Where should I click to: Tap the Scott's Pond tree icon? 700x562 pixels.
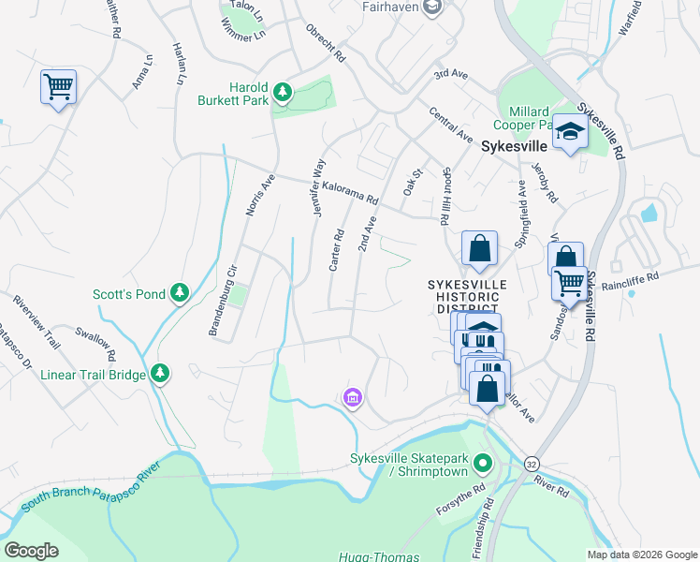180,294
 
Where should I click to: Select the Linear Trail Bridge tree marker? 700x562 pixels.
160,375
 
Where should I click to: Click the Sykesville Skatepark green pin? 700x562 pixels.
483,463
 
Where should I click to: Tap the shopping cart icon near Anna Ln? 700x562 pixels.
58,88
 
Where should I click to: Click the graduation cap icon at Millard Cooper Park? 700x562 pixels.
569,132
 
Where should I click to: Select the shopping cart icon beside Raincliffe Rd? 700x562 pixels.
569,282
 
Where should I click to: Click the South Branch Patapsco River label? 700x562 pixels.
86,484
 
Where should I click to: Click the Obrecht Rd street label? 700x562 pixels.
326,43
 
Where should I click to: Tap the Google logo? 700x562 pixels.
32,550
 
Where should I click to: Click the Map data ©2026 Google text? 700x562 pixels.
641,554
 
